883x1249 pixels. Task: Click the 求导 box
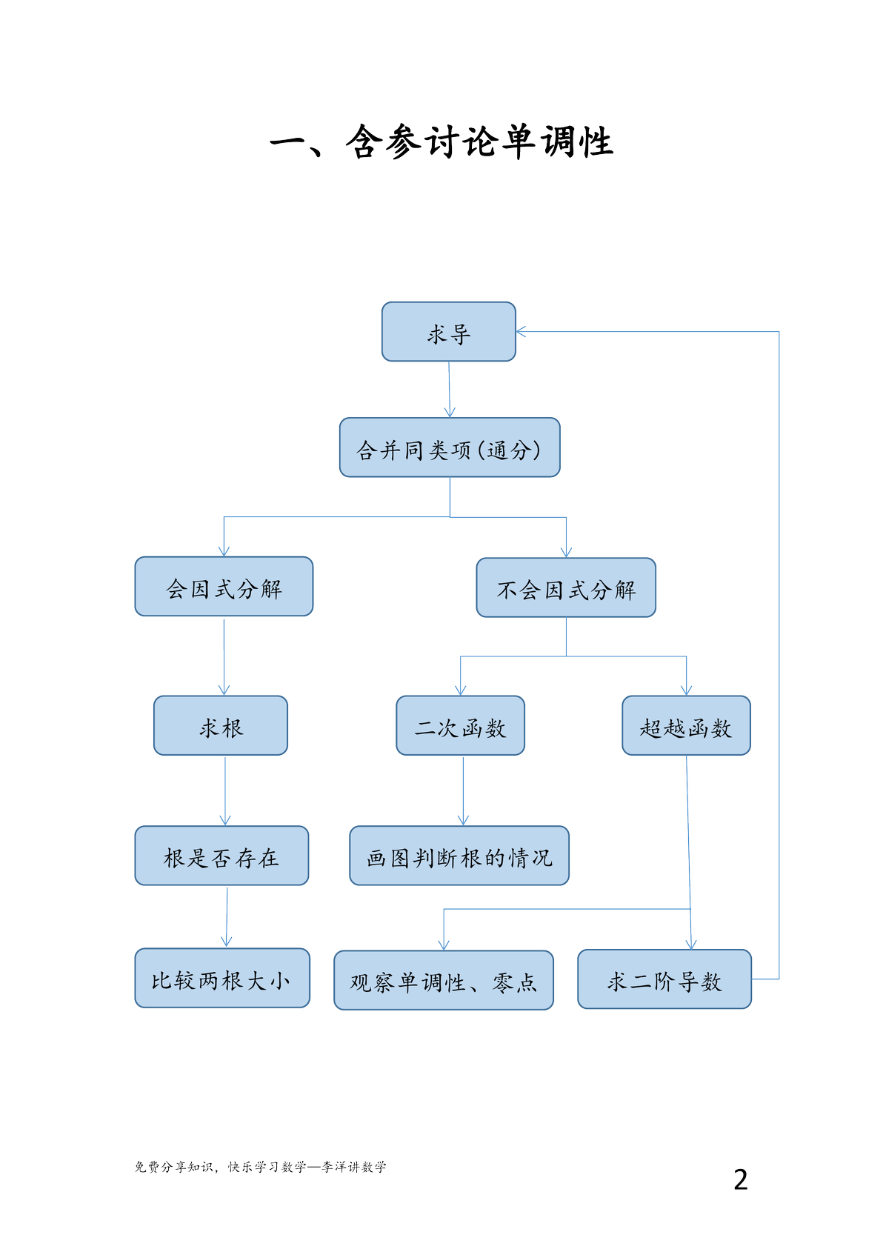[x=448, y=332]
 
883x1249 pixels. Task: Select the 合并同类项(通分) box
[x=450, y=447]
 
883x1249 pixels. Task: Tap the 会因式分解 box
[x=224, y=587]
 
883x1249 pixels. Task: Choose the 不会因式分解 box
[x=566, y=587]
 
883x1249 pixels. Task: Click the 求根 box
[x=221, y=725]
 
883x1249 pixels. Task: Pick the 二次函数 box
[x=461, y=725]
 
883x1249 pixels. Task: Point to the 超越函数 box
[x=686, y=725]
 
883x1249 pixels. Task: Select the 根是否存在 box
[x=221, y=856]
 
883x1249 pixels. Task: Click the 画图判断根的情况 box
[x=459, y=856]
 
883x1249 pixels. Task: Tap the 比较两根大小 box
[x=222, y=978]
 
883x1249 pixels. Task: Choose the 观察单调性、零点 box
[x=444, y=980]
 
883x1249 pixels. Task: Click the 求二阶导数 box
[x=664, y=979]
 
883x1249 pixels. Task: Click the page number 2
[x=740, y=1180]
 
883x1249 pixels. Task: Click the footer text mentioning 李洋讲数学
[x=260, y=1167]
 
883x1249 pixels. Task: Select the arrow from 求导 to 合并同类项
[x=450, y=389]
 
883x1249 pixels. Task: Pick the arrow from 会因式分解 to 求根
[x=224, y=657]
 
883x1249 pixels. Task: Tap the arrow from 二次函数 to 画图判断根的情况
[x=463, y=791]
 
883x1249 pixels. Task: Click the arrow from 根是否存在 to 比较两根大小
[x=227, y=917]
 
